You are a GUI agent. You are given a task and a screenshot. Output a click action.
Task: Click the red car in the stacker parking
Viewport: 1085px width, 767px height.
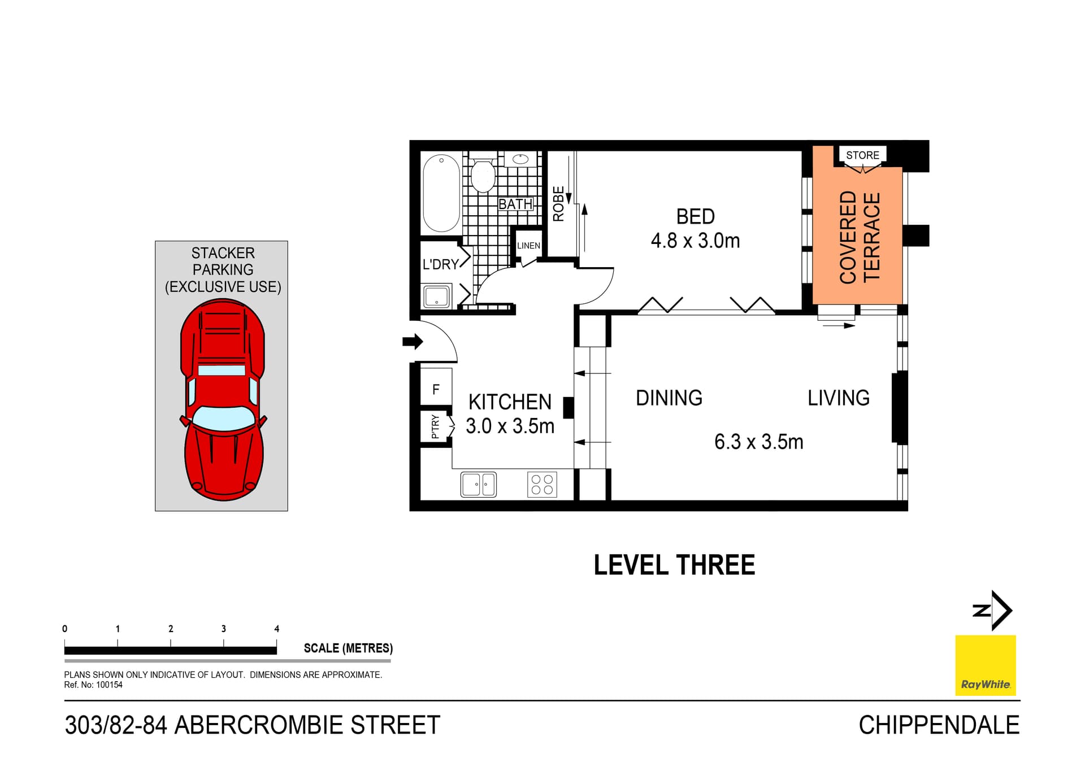(223, 399)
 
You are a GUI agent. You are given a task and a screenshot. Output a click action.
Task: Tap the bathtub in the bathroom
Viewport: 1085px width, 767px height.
(441, 193)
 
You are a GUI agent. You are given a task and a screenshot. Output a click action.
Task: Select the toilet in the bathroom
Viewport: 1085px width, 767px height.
(483, 176)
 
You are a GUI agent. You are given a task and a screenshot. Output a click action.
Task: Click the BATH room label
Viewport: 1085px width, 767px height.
(515, 204)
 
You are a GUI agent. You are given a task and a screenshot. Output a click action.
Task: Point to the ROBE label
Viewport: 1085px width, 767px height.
(558, 204)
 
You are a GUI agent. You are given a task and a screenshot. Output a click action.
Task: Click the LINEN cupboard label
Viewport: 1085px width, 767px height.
(528, 246)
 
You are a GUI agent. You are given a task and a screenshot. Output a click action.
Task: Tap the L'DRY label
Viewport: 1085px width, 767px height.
(440, 264)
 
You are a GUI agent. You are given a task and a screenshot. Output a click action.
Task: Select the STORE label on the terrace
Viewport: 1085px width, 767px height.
(862, 155)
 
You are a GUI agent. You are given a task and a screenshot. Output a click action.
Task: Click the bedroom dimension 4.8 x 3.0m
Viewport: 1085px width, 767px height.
(695, 241)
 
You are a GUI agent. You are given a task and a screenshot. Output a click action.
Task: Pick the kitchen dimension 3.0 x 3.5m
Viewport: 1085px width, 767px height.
(510, 426)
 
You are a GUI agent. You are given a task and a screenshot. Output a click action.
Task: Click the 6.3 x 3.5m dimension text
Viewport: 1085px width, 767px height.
(758, 442)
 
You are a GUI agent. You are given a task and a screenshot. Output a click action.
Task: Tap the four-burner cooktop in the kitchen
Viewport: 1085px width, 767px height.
(542, 485)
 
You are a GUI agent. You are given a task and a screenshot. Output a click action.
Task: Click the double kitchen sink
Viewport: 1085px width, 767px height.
(479, 485)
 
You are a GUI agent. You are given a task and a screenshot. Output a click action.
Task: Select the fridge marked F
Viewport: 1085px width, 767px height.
(436, 389)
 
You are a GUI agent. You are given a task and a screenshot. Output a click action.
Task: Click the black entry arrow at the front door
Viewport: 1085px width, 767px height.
(413, 341)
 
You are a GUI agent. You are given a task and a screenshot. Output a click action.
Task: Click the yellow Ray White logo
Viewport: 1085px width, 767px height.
(985, 665)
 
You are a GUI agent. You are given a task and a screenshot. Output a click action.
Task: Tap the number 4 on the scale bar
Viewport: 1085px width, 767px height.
(277, 629)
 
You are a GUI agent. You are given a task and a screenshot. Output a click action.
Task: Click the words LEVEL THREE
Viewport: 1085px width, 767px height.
(674, 565)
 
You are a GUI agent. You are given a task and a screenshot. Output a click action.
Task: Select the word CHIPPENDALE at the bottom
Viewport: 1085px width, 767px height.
(939, 725)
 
